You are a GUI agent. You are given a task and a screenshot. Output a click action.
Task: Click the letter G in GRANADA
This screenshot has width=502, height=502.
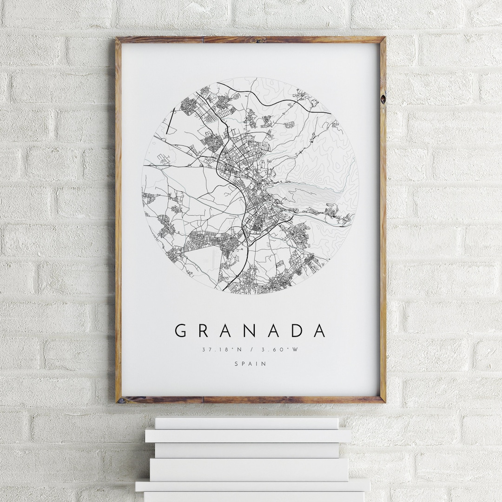tap(181, 330)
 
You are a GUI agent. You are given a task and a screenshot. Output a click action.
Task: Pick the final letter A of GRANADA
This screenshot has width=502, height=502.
tap(320, 330)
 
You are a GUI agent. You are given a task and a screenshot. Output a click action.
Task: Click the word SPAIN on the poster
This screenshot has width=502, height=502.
tap(251, 364)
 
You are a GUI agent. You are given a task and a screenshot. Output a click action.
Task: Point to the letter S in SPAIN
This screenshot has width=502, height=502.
tap(236, 364)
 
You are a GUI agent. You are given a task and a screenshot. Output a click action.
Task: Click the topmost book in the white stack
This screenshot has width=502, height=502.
tap(246, 423)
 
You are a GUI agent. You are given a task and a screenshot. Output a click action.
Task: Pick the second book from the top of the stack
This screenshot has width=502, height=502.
tap(248, 436)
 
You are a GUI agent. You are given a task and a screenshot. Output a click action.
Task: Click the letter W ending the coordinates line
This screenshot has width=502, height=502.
tap(294, 350)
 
